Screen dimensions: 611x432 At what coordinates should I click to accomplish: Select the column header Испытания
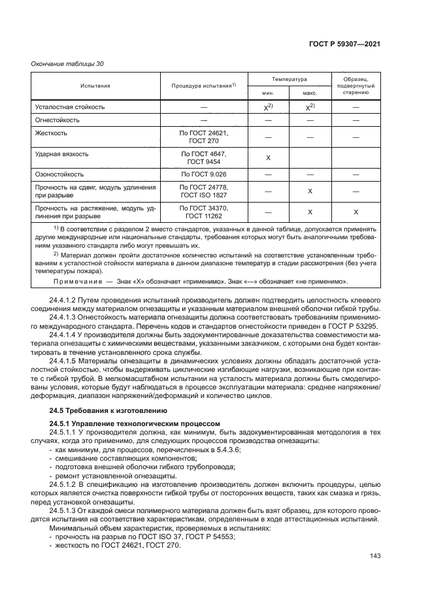(95, 85)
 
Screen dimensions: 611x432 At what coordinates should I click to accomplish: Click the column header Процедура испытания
(203, 86)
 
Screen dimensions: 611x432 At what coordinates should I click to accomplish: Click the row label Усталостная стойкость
(69, 107)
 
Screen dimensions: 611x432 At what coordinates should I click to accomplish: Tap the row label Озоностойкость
(59, 174)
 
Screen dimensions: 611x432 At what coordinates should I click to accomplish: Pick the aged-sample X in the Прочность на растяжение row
(355, 212)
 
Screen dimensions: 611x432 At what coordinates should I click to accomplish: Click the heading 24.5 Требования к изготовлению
(101, 410)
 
